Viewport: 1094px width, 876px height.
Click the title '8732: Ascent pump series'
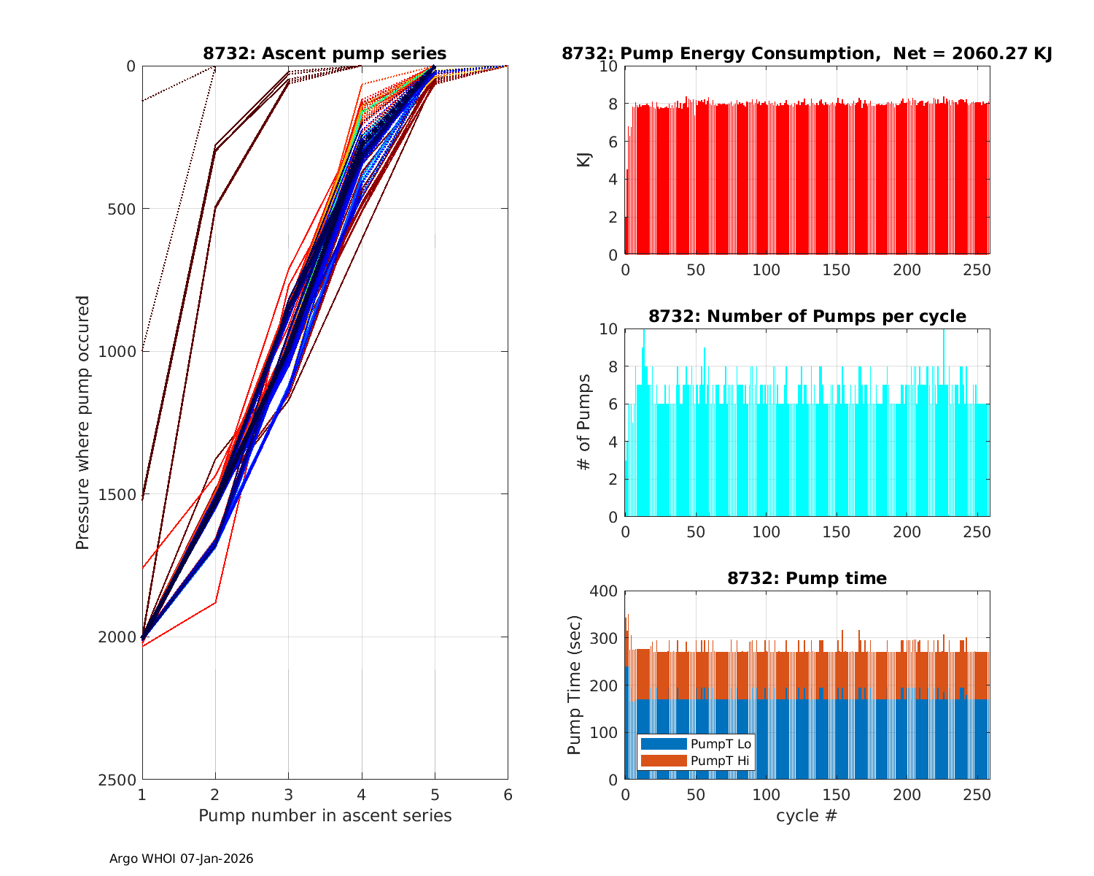point(325,53)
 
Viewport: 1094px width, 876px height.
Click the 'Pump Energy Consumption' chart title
point(807,53)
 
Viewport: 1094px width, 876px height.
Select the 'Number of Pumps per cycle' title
point(807,316)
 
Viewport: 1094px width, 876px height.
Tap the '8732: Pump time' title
point(807,578)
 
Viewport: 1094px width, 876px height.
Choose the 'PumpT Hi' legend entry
point(719,761)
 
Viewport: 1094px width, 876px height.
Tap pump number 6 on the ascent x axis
point(508,794)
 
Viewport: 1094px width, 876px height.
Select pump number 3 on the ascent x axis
point(288,794)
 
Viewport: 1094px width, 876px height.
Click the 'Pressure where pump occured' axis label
point(82,423)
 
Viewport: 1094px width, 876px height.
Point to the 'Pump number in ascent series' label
point(325,815)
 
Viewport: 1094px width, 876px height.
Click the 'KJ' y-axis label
point(583,160)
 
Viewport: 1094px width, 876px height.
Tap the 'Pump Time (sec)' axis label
point(574,685)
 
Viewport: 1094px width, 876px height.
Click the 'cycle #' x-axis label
point(807,815)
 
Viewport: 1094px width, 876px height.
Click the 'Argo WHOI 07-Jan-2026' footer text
point(181,858)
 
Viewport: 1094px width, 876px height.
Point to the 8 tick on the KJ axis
point(613,104)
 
